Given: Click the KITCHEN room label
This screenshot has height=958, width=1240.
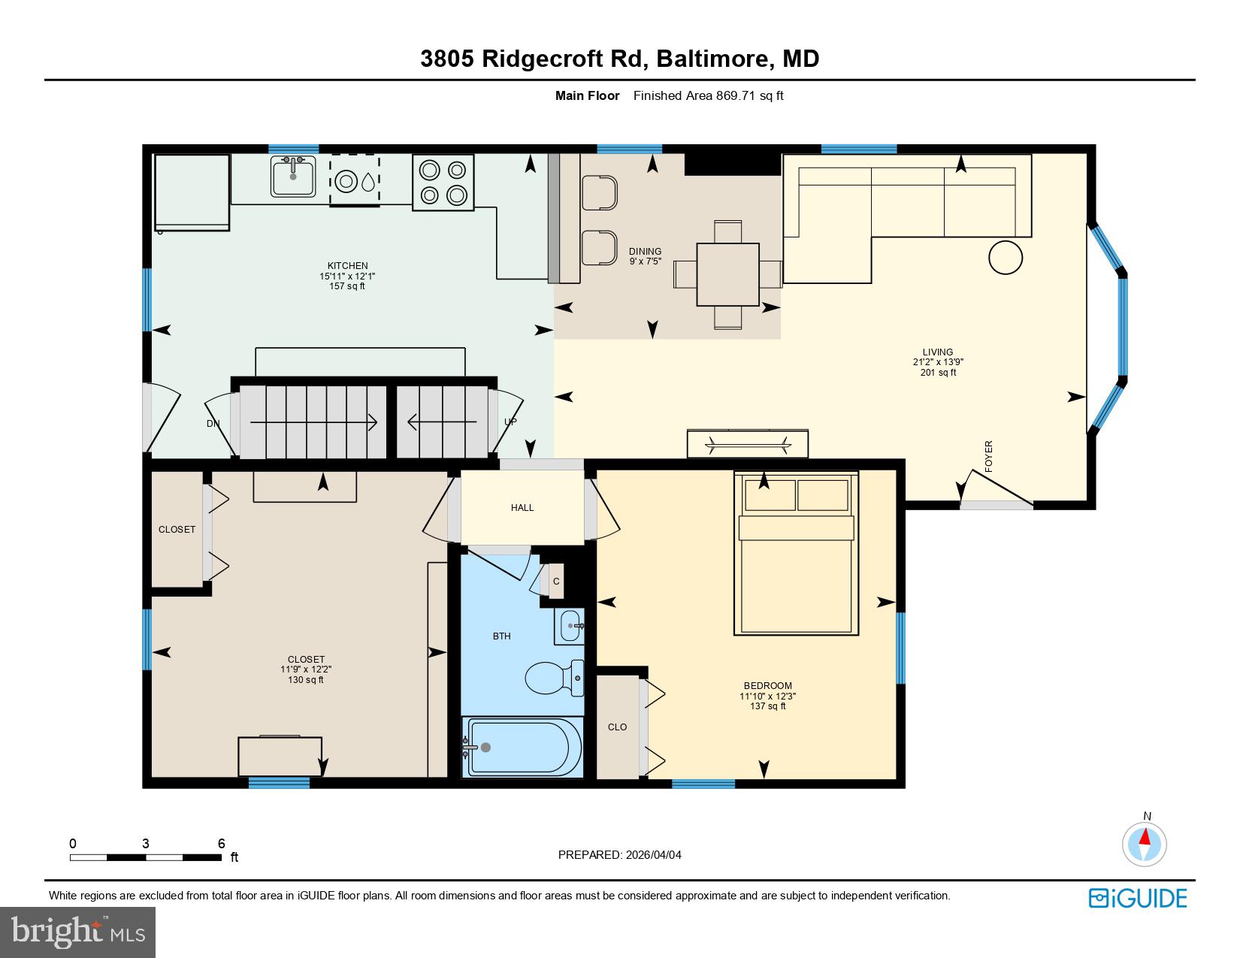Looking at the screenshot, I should click(x=347, y=266).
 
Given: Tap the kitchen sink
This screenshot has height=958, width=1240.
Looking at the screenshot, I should click(x=293, y=177).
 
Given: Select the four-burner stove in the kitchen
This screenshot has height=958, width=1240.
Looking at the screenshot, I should click(x=443, y=182).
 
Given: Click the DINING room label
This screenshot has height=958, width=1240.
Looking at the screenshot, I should click(x=645, y=252).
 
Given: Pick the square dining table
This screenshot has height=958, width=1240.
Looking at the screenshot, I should click(x=727, y=274).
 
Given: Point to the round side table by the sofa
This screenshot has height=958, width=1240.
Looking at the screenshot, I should click(x=1006, y=258).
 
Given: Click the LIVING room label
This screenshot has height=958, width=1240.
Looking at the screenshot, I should click(x=938, y=352).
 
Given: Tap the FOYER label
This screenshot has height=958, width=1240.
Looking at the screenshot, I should click(x=989, y=456).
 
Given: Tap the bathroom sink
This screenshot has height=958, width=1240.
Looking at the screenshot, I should click(x=570, y=626).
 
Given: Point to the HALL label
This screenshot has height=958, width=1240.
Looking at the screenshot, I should click(x=522, y=508).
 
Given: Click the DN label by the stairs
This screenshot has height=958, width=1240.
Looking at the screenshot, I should click(x=213, y=424).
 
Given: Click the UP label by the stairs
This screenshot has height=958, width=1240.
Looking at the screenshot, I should click(x=510, y=422).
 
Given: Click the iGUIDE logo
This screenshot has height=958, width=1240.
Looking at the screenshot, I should click(x=1138, y=898).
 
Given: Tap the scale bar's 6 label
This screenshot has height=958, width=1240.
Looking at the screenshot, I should click(x=222, y=844).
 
